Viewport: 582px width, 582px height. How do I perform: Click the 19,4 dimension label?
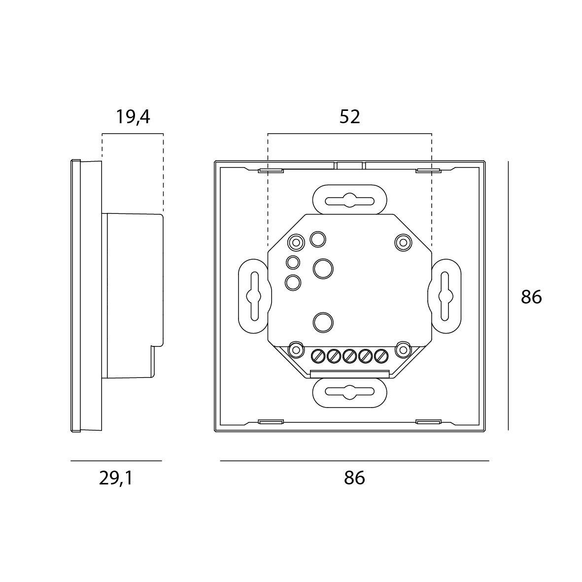[133, 117]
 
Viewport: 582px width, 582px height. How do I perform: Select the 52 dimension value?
[350, 117]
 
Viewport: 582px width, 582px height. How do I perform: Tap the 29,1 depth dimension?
[116, 478]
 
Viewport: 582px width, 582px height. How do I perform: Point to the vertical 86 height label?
[531, 297]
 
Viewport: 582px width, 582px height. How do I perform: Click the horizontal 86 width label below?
[354, 478]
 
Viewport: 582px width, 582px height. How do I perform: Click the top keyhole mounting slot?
[349, 200]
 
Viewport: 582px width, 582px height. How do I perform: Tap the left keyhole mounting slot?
[254, 297]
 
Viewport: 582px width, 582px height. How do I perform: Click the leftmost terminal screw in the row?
[318, 355]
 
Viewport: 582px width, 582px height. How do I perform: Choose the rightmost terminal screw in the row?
[380, 355]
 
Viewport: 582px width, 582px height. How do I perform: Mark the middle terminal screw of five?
[349, 355]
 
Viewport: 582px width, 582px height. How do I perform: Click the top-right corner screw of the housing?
[403, 242]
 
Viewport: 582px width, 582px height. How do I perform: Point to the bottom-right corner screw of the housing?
[403, 349]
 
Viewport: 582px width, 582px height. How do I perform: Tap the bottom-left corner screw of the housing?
[296, 349]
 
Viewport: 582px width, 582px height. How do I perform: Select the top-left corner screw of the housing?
[296, 242]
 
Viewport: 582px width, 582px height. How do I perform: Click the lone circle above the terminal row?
[323, 321]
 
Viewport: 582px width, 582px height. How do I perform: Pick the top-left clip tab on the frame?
[271, 171]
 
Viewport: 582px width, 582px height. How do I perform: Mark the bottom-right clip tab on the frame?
[428, 422]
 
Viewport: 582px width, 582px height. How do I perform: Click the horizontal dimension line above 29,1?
[116, 461]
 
